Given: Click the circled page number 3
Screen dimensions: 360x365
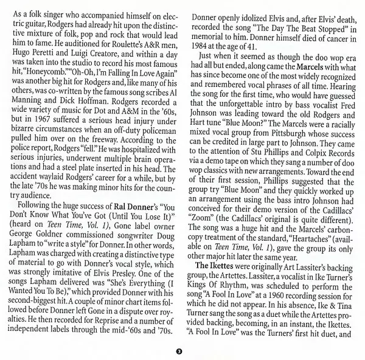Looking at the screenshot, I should (x=177, y=351).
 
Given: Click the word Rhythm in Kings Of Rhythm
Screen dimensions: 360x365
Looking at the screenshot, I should (x=233, y=293).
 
